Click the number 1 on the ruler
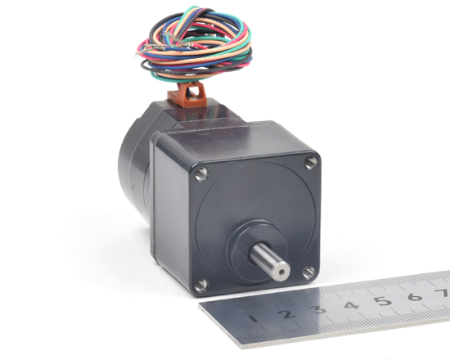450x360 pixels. click(x=253, y=318)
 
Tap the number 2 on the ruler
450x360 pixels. click(x=286, y=314)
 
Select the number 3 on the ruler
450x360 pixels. click(x=318, y=310)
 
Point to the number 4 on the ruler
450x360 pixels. click(x=351, y=305)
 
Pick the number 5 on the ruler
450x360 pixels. click(x=383, y=301)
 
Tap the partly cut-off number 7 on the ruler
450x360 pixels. click(x=443, y=293)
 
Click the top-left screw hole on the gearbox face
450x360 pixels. click(x=201, y=174)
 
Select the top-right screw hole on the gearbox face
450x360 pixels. click(x=311, y=162)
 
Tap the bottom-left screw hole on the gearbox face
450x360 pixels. click(x=200, y=285)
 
